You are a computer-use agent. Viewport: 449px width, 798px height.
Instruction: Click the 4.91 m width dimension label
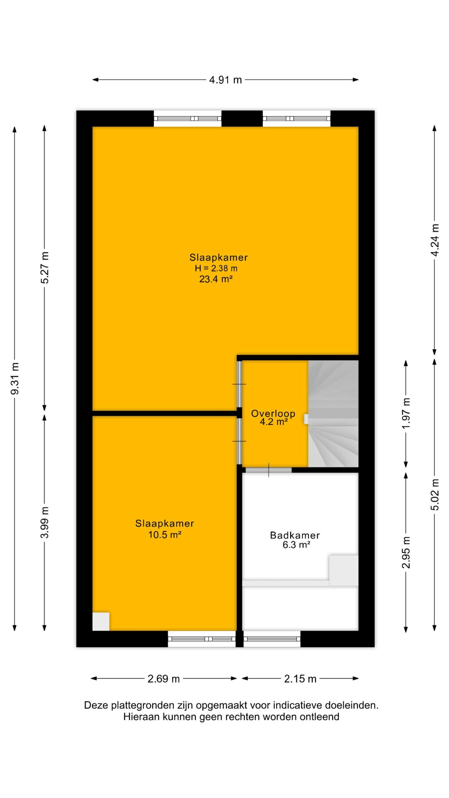click(x=225, y=80)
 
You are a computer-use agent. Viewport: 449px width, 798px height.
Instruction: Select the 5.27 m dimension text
click(x=45, y=267)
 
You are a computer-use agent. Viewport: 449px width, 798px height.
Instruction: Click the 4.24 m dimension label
click(x=435, y=240)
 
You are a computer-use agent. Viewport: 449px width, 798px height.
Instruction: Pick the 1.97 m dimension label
click(x=406, y=413)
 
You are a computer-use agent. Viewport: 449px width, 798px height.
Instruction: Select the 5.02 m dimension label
click(x=435, y=494)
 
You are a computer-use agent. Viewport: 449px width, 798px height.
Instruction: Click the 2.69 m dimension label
click(x=163, y=679)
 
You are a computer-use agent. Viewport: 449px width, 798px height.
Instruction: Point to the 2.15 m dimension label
click(x=300, y=679)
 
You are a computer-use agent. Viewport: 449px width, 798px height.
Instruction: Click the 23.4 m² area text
click(x=216, y=279)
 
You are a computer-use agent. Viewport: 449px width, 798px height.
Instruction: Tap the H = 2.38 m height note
click(x=216, y=268)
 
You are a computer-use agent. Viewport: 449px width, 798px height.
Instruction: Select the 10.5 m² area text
click(x=165, y=535)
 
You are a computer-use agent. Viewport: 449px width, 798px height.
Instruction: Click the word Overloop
click(x=273, y=413)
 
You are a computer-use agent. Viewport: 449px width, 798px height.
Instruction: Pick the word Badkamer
click(x=295, y=535)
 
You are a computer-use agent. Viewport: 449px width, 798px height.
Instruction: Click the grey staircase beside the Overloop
click(x=333, y=413)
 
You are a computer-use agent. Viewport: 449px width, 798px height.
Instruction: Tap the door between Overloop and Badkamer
click(x=268, y=470)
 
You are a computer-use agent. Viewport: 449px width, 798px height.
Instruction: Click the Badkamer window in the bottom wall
click(x=272, y=639)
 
